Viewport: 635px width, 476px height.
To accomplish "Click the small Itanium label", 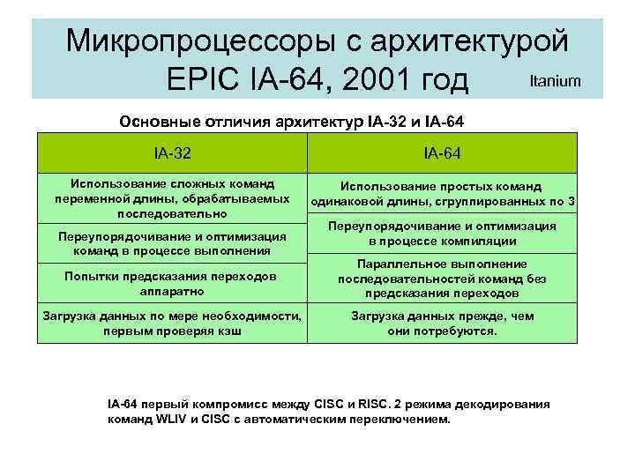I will coord(555,81).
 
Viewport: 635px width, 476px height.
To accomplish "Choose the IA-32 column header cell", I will coord(171,153).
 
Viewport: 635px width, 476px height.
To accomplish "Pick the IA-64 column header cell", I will coord(442,153).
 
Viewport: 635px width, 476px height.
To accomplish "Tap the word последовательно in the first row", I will coord(172,213).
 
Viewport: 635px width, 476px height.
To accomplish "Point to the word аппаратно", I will coord(171,290).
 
